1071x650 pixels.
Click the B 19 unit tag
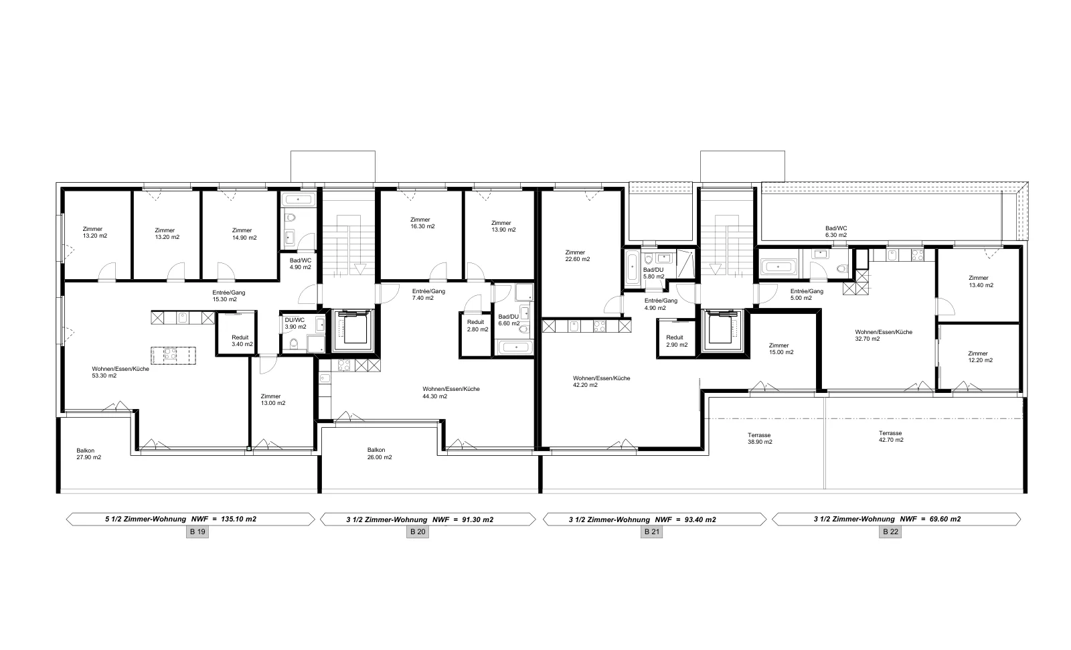click(197, 532)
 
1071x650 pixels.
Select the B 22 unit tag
click(890, 532)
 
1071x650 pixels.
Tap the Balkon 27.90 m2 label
click(88, 454)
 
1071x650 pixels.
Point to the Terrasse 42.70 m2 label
click(891, 436)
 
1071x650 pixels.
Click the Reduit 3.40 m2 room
click(237, 334)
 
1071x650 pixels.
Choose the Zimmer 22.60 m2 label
click(577, 256)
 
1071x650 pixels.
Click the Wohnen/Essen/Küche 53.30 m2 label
click(120, 372)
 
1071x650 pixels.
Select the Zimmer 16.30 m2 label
click(422, 223)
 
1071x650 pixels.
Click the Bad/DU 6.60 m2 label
click(509, 320)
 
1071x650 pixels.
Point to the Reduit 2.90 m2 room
click(676, 339)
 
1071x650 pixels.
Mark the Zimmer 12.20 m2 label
click(980, 357)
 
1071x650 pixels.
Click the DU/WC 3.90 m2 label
click(295, 323)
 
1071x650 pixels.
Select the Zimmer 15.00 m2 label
click(780, 349)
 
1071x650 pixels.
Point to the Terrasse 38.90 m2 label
click(760, 438)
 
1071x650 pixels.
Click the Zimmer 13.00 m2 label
click(272, 400)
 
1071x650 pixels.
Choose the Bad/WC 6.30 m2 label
click(836, 232)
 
